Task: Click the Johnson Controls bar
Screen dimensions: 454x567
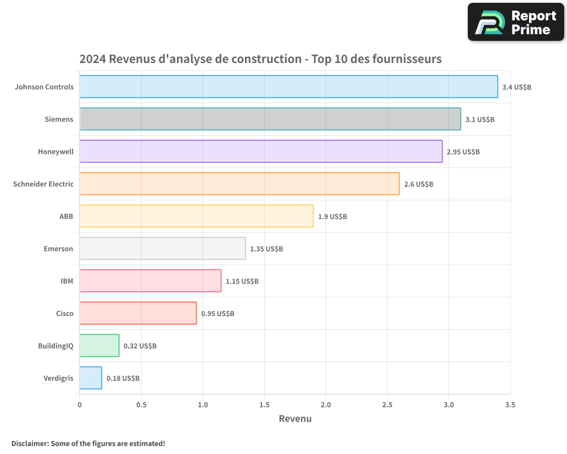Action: click(x=289, y=87)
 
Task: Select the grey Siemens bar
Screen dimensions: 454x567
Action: click(x=270, y=119)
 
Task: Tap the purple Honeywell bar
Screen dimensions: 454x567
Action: click(x=261, y=152)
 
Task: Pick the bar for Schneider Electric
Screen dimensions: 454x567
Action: click(x=239, y=184)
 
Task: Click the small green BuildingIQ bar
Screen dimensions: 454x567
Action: click(x=99, y=346)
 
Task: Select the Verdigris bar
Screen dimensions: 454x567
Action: click(x=91, y=378)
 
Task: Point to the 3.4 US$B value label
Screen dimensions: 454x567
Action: click(x=517, y=87)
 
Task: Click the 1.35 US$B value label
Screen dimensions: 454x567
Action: click(x=266, y=249)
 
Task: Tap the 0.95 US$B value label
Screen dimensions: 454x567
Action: click(x=218, y=314)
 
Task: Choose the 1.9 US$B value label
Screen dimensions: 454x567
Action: click(x=332, y=217)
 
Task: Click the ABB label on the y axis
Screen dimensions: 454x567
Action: click(x=66, y=216)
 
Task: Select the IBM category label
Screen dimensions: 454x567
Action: click(x=67, y=281)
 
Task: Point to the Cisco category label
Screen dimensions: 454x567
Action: click(x=65, y=313)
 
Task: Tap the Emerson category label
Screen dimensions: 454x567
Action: click(x=58, y=249)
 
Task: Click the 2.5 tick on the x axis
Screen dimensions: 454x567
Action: click(x=387, y=405)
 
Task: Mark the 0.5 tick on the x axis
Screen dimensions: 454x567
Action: click(x=141, y=405)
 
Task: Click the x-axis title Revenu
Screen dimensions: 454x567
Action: click(x=295, y=419)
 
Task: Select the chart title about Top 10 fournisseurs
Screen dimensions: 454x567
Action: click(x=260, y=59)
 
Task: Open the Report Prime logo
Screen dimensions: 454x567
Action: click(x=515, y=22)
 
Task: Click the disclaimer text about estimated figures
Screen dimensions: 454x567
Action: click(x=88, y=443)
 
